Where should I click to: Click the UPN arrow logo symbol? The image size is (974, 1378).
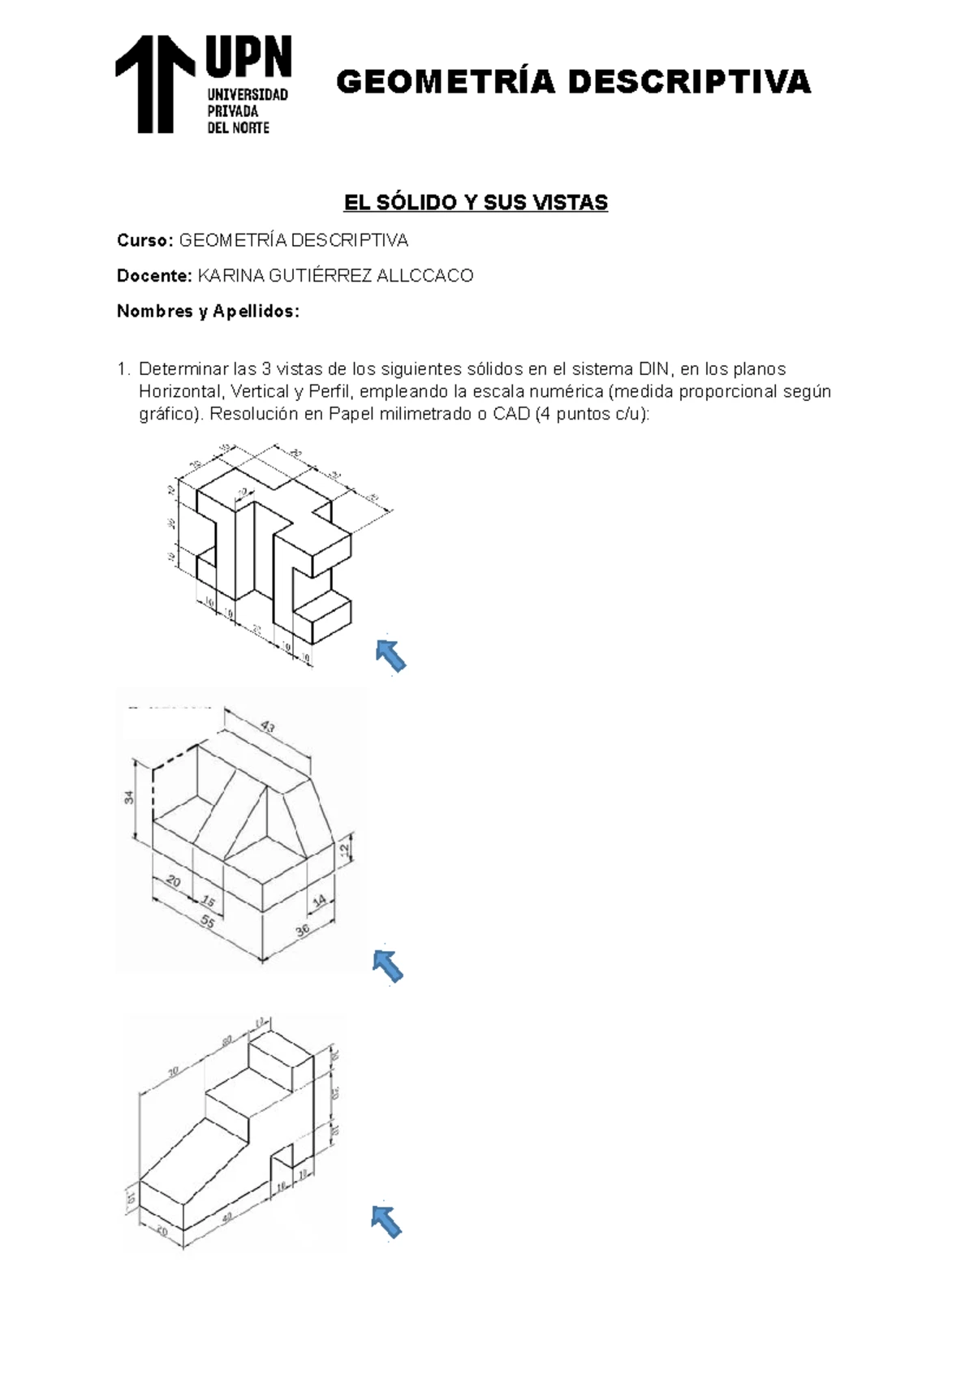(155, 83)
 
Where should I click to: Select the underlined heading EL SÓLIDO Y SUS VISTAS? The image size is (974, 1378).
(476, 202)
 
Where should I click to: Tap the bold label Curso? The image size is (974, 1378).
(144, 241)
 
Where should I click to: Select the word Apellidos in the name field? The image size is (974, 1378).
(255, 312)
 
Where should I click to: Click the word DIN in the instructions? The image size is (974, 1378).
(656, 369)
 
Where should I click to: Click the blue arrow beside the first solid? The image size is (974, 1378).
(390, 655)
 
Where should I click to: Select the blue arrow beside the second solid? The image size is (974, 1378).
(388, 966)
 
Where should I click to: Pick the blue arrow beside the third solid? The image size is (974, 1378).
(386, 1222)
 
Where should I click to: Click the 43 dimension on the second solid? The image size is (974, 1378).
(267, 727)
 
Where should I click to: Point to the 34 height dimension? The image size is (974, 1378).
(129, 798)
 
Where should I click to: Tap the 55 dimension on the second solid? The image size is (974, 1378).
(208, 922)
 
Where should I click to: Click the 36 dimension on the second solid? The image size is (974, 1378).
(302, 931)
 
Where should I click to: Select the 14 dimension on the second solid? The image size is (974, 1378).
(319, 899)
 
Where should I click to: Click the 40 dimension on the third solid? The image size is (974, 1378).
(227, 1217)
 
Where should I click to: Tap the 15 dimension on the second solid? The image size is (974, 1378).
(209, 902)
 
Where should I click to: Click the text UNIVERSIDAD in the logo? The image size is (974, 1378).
(248, 95)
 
